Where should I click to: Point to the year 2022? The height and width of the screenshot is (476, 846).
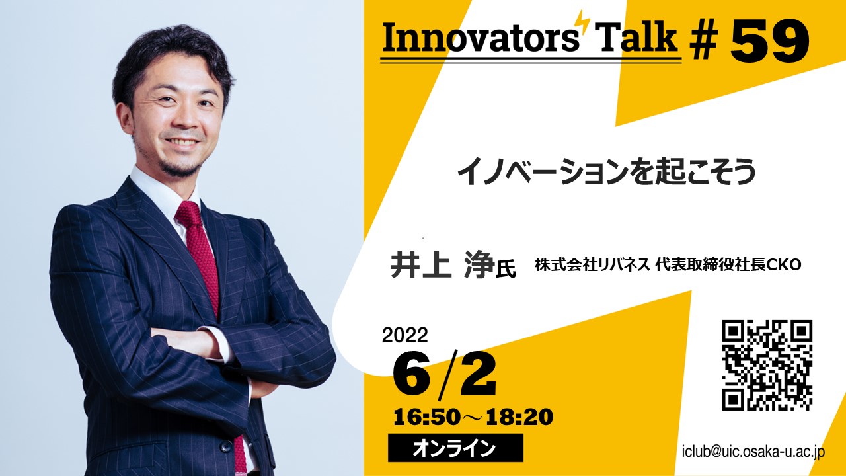pyautogui.click(x=405, y=335)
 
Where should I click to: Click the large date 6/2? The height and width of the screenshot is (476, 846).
pyautogui.click(x=444, y=375)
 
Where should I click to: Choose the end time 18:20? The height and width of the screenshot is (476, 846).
pyautogui.click(x=519, y=417)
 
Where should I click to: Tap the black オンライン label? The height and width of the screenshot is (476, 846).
pyautogui.click(x=455, y=448)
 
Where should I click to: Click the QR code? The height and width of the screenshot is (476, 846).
pyautogui.click(x=767, y=365)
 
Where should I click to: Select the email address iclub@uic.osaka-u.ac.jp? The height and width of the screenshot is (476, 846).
pyautogui.click(x=753, y=451)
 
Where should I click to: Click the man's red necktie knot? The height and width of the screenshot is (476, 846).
pyautogui.click(x=188, y=213)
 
